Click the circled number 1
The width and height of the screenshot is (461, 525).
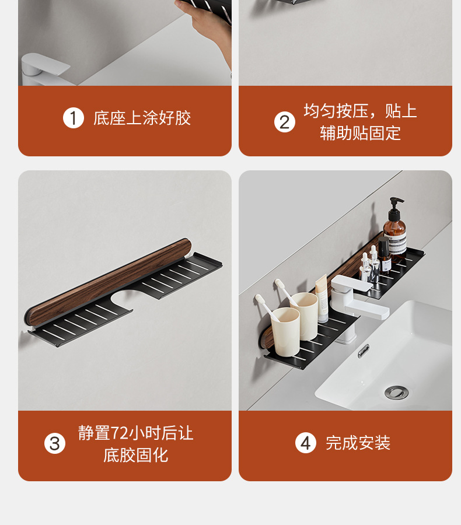(74, 118)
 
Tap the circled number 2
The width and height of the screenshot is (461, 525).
(285, 122)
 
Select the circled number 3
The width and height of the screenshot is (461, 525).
(55, 444)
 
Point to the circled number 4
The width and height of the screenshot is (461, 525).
(306, 443)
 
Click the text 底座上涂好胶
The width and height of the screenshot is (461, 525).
(142, 118)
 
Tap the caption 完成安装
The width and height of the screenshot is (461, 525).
(358, 443)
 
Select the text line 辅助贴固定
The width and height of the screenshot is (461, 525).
(360, 133)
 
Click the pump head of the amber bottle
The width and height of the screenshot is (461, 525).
(396, 202)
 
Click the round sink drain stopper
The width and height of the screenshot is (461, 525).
(396, 392)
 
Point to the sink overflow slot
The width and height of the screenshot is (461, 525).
(364, 351)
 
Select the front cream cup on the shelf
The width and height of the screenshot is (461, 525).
(285, 331)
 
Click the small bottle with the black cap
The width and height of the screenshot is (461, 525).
(385, 254)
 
